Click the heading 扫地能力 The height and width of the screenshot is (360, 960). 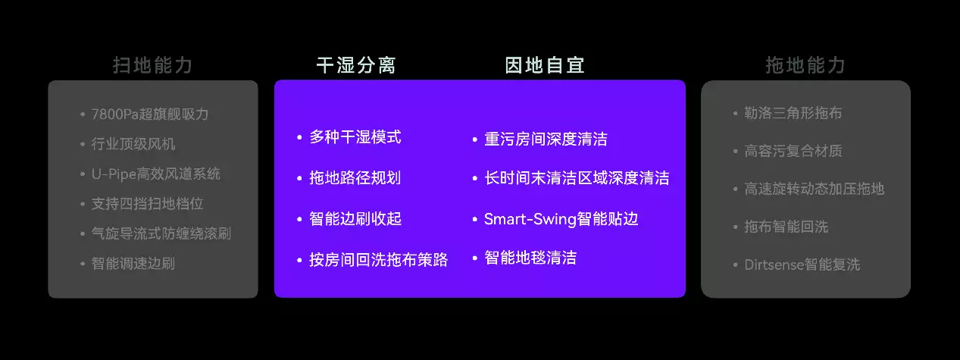click(x=152, y=66)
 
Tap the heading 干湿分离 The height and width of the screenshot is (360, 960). click(x=356, y=66)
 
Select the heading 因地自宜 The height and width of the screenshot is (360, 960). click(x=544, y=66)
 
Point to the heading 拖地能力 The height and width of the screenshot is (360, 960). click(x=805, y=66)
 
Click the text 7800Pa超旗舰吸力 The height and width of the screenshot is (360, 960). click(x=150, y=114)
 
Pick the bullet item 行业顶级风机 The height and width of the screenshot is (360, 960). click(x=133, y=144)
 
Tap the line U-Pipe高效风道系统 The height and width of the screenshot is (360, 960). click(x=156, y=174)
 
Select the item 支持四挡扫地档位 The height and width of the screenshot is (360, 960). click(x=148, y=204)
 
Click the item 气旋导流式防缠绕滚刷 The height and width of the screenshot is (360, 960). click(x=161, y=233)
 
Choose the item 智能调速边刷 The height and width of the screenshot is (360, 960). click(x=133, y=263)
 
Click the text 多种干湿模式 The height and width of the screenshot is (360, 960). click(x=355, y=137)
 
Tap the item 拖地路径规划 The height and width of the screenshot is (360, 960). click(x=355, y=178)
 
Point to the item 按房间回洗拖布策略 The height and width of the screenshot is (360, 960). click(x=379, y=260)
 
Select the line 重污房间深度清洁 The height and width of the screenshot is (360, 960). click(x=546, y=139)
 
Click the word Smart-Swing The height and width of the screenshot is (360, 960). click(x=530, y=220)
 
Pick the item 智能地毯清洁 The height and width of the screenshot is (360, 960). click(x=530, y=258)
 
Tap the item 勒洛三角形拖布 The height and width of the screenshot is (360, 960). click(x=793, y=113)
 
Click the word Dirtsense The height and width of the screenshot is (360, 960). click(x=773, y=265)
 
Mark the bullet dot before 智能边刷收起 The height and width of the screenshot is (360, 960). click(x=299, y=219)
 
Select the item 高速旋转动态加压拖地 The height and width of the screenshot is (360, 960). click(x=815, y=189)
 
